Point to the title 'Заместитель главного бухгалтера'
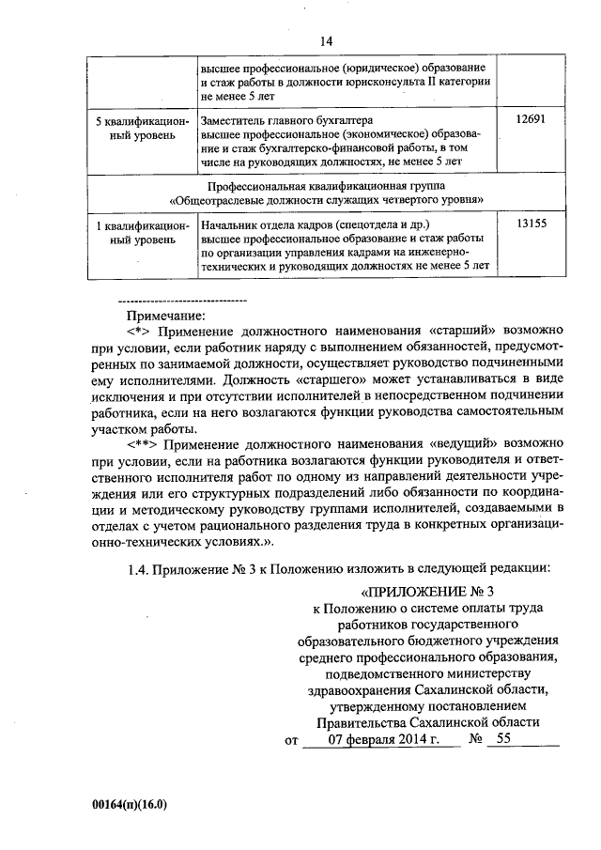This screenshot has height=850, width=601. pos(287,121)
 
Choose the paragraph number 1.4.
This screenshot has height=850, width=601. pos(138,566)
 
